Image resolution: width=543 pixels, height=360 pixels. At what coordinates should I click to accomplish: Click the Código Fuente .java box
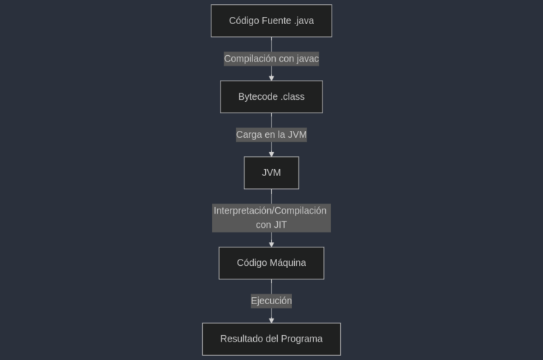(271, 21)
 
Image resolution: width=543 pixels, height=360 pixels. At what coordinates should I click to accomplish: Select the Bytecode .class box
(271, 97)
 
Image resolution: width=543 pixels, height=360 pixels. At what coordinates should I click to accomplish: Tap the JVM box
(271, 173)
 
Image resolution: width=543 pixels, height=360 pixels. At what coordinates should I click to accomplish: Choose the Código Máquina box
(271, 263)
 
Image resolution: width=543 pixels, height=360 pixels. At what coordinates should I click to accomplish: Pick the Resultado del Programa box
(271, 339)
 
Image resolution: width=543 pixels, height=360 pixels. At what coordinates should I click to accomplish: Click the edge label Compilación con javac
(271, 59)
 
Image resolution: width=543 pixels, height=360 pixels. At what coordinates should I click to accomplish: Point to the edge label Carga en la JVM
(271, 134)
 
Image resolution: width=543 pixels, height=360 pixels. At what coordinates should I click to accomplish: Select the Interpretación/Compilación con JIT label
(271, 218)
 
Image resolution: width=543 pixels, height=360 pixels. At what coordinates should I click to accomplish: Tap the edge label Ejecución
(271, 301)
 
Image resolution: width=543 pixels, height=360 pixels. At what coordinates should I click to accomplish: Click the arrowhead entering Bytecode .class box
(271, 79)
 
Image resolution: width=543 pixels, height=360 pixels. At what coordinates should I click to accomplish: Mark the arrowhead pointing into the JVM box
(271, 154)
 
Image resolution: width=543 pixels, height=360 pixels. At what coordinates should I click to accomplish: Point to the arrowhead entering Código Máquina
(271, 245)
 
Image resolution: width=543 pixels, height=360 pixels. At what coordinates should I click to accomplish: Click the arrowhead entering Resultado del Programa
(271, 320)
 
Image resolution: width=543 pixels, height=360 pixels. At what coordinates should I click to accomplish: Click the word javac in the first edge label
(308, 59)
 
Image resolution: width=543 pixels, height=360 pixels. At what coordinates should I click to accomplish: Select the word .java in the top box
(304, 21)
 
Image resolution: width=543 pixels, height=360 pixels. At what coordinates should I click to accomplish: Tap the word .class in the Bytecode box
(293, 97)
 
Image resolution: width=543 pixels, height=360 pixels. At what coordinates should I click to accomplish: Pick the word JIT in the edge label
(279, 225)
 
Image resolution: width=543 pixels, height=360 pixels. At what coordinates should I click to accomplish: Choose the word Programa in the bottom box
(302, 339)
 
